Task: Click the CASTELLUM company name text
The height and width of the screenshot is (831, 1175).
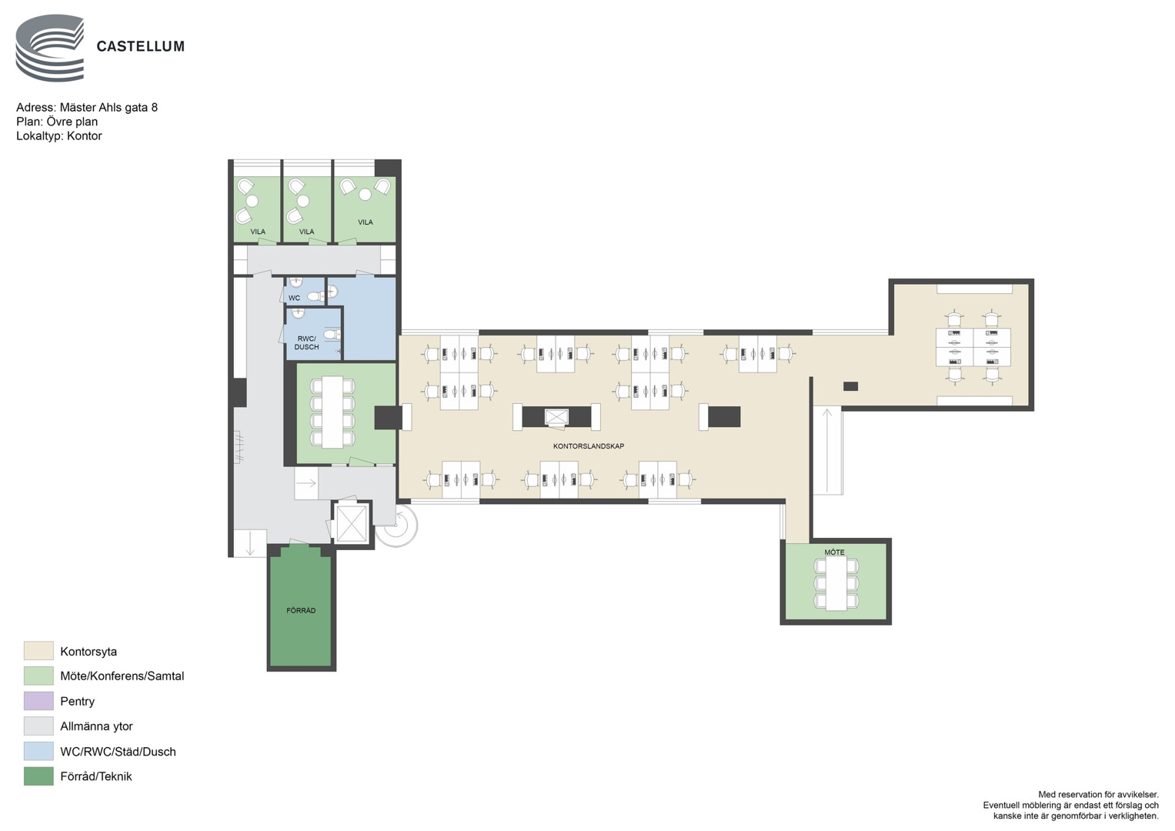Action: point(141,47)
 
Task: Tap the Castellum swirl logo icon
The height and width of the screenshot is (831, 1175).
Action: point(50,48)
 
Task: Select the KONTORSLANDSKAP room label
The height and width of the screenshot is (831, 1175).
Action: point(589,446)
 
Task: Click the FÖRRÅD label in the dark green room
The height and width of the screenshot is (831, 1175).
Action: point(301,611)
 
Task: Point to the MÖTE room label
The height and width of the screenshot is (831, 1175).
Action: point(835,552)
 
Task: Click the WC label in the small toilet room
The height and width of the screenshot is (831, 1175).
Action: point(294,298)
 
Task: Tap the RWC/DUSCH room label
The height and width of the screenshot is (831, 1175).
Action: point(306,343)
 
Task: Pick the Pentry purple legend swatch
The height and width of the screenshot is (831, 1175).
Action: point(38,701)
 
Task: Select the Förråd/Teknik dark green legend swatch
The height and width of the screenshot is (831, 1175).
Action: point(38,776)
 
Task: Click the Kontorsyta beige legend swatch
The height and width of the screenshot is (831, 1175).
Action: point(38,650)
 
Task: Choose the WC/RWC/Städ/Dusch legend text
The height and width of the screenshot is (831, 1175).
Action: point(118,752)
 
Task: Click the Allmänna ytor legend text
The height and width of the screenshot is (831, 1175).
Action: point(96,726)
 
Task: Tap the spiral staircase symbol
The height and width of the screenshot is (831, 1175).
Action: point(397,526)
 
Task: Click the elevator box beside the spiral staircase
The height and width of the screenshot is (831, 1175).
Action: point(351,523)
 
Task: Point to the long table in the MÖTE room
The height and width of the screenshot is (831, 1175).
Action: point(836,584)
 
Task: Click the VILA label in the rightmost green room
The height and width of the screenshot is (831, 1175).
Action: point(366,222)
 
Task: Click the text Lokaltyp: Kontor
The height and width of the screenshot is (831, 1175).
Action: point(59,136)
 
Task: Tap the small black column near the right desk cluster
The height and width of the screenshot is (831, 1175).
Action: point(850,386)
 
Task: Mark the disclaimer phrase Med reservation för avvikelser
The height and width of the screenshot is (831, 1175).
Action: point(1098,795)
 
